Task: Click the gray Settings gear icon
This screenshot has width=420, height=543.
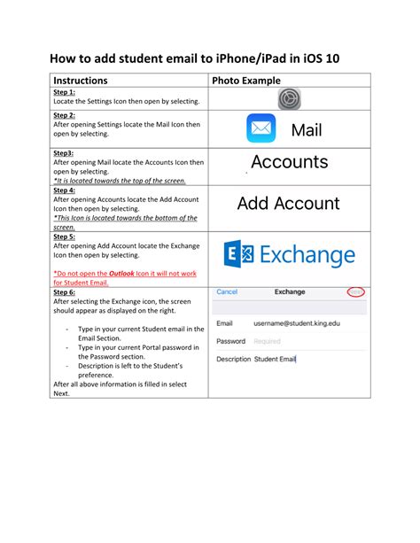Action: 290,98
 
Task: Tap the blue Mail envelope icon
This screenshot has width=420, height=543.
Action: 261,129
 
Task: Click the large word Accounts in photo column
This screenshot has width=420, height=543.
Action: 289,162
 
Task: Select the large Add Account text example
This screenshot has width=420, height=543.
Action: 288,204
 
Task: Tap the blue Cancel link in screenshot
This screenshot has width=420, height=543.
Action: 227,291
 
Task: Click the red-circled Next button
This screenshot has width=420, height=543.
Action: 355,291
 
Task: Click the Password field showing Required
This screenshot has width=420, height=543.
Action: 267,341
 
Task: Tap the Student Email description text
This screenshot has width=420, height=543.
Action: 275,359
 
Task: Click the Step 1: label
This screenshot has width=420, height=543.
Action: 65,92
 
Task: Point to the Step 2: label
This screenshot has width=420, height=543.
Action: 65,116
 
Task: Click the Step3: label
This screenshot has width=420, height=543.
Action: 64,152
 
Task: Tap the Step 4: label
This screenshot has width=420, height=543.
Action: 65,190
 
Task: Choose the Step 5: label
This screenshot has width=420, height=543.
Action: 65,237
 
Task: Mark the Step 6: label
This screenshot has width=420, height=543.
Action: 65,291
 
